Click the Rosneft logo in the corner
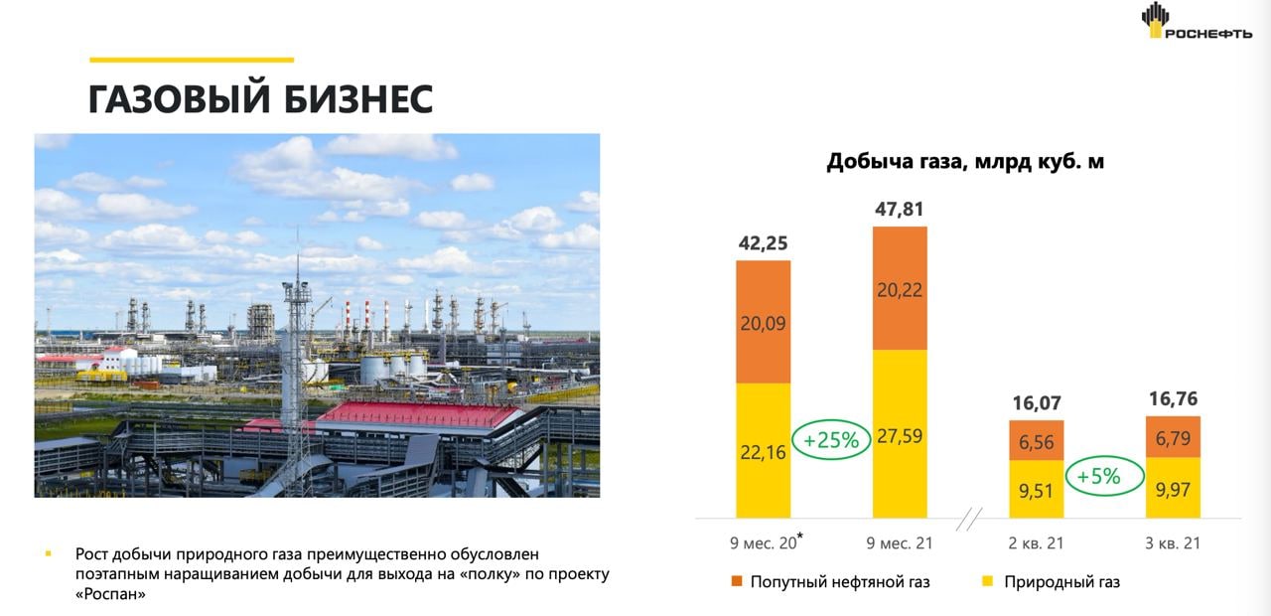pyautogui.click(x=1197, y=21)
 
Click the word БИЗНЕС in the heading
pyautogui.click(x=358, y=99)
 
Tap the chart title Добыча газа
pyautogui.click(x=964, y=161)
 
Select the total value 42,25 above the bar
pyautogui.click(x=763, y=243)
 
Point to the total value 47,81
pyautogui.click(x=900, y=209)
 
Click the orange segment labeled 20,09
pyautogui.click(x=764, y=322)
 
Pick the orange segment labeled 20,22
pyautogui.click(x=900, y=288)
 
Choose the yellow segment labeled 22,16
pyautogui.click(x=764, y=451)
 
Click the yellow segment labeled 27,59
pyautogui.click(x=900, y=434)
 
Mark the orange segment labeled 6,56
pyautogui.click(x=1036, y=440)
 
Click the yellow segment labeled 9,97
pyautogui.click(x=1173, y=488)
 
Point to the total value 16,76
pyautogui.click(x=1173, y=398)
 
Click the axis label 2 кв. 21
pyautogui.click(x=1036, y=543)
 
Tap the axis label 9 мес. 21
pyautogui.click(x=900, y=543)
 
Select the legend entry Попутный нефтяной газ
pyautogui.click(x=831, y=582)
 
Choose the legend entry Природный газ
pyautogui.click(x=1051, y=582)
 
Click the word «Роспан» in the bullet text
pyautogui.click(x=110, y=594)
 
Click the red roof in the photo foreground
pyautogui.click(x=420, y=414)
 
